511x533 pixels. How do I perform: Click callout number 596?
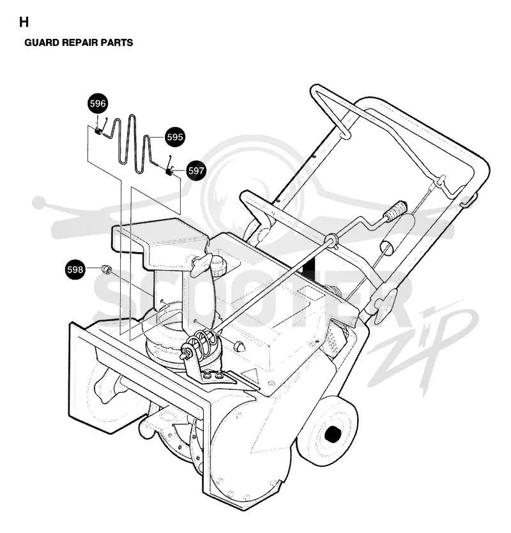tap(98, 103)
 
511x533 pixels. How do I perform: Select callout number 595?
tap(175, 137)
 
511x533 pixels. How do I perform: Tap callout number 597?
tap(196, 170)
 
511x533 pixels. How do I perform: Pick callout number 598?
tap(75, 269)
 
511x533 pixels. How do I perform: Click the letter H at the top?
tap(24, 22)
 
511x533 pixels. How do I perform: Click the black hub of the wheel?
tap(333, 434)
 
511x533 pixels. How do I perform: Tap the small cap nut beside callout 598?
tap(107, 270)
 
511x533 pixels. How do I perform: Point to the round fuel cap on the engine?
tap(220, 266)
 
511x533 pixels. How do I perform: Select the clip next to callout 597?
tap(169, 172)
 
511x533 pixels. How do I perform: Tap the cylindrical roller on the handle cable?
tap(397, 235)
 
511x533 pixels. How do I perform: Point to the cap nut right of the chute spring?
tap(240, 346)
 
